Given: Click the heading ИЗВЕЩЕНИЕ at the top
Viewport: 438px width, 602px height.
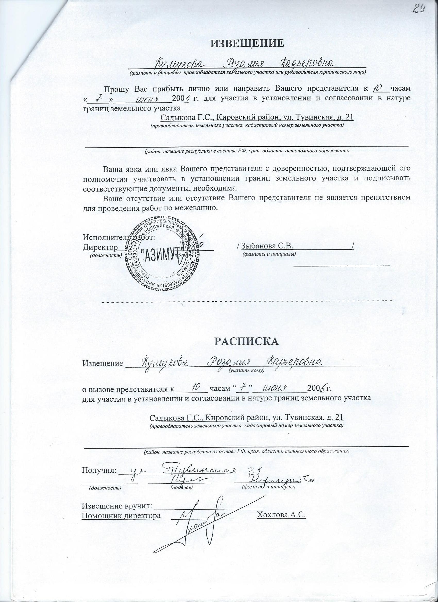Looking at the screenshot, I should tap(247, 43).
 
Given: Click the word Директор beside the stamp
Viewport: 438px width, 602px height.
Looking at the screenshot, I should tap(100, 247).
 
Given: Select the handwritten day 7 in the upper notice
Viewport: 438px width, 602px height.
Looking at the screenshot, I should tap(98, 98).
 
